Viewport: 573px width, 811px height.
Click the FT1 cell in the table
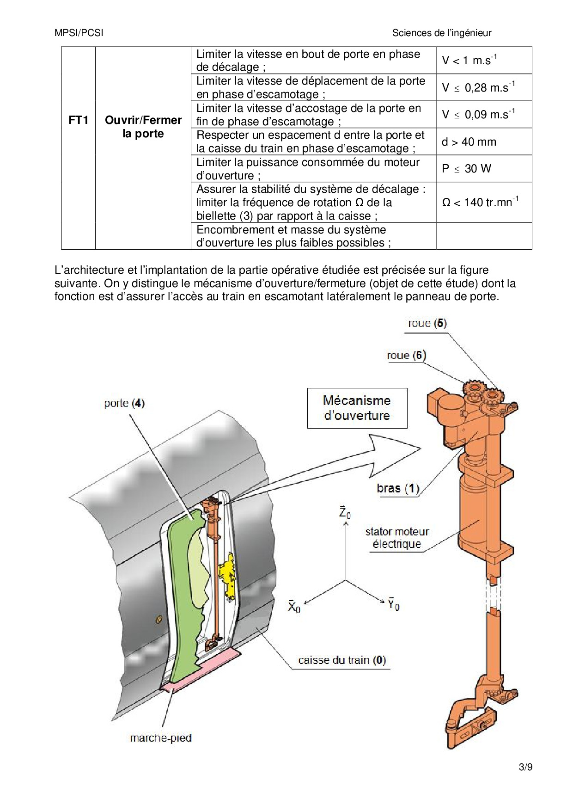pos(78,121)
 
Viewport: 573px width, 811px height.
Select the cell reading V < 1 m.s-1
pos(469,60)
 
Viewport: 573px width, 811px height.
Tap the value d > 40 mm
pos(469,141)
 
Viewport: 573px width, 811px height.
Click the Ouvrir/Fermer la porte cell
pos(143,127)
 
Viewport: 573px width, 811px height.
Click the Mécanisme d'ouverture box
pos(357,408)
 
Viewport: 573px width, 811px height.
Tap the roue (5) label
pos(427,323)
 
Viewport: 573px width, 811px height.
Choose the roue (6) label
pos(406,355)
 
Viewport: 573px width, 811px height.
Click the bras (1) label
pos(397,488)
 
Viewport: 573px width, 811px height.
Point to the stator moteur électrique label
pos(396,538)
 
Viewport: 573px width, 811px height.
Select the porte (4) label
pos(124,403)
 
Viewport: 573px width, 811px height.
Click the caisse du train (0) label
pos(342,660)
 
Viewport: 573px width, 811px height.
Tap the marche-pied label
pos(160,737)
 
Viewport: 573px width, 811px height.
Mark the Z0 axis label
pos(345,513)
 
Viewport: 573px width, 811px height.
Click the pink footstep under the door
pos(203,670)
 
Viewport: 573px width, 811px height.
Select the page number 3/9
pos(525,768)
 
